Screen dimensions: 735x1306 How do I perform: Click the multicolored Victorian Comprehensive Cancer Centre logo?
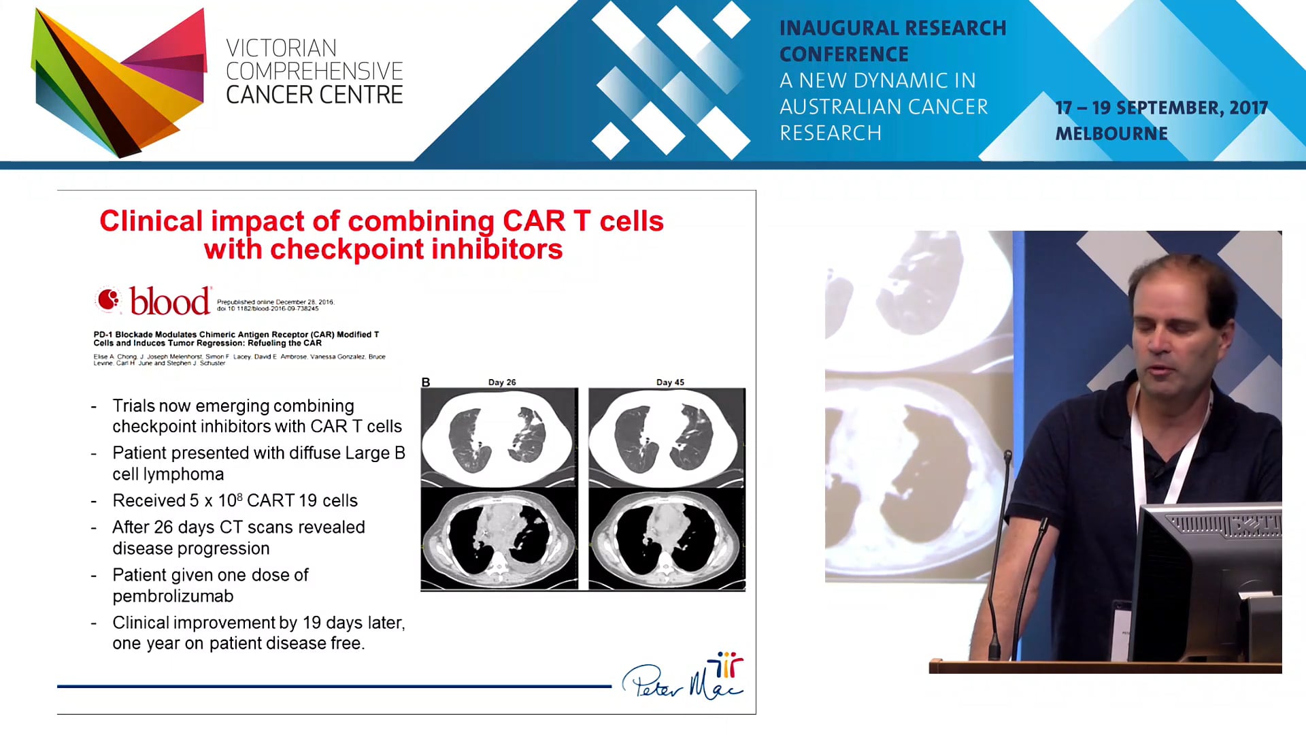pyautogui.click(x=119, y=82)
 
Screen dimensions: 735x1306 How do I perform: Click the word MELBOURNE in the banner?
pyautogui.click(x=1111, y=134)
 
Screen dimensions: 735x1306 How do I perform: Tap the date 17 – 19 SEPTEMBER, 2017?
pyautogui.click(x=1160, y=108)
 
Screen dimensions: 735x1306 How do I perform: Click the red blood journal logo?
pyautogui.click(x=154, y=301)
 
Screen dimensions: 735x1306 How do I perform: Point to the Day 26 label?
pyautogui.click(x=502, y=382)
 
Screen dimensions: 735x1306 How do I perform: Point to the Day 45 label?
pyautogui.click(x=670, y=382)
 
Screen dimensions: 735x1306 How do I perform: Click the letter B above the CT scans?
pyautogui.click(x=426, y=382)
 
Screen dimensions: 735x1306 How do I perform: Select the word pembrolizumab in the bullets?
pyautogui.click(x=173, y=596)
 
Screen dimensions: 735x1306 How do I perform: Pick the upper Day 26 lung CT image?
pyautogui.click(x=499, y=437)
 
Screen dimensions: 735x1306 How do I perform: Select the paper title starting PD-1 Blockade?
pyautogui.click(x=236, y=339)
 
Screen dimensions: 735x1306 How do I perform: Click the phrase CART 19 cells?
pyautogui.click(x=302, y=501)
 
